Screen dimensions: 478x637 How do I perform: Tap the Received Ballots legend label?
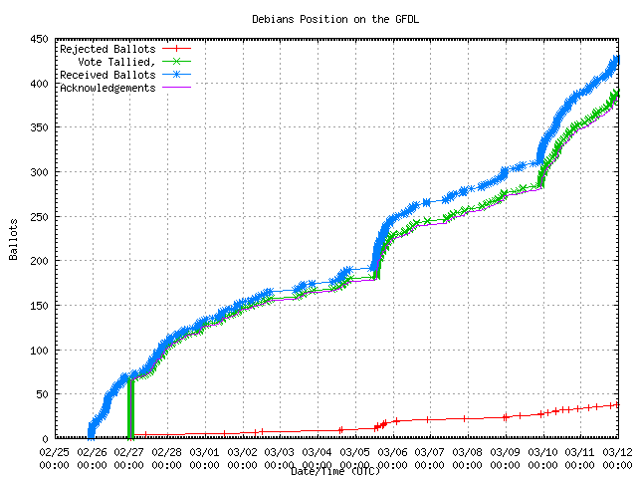[x=106, y=74]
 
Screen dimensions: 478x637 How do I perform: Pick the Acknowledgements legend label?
[x=106, y=87]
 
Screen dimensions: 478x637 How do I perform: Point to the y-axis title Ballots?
[x=13, y=240]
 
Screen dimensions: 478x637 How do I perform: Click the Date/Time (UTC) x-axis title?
[x=335, y=471]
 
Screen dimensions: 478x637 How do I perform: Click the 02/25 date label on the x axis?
[x=55, y=451]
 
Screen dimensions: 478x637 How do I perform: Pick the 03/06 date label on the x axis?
[x=393, y=451]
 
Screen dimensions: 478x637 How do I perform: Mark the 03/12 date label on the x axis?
[x=617, y=451]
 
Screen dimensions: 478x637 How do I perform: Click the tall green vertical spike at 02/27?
[x=130, y=408]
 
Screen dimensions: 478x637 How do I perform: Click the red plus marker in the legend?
[x=174, y=48]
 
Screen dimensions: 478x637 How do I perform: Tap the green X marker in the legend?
[x=174, y=61]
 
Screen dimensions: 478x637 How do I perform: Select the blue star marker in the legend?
[x=174, y=74]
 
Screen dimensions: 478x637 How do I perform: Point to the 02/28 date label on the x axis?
[x=167, y=451]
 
